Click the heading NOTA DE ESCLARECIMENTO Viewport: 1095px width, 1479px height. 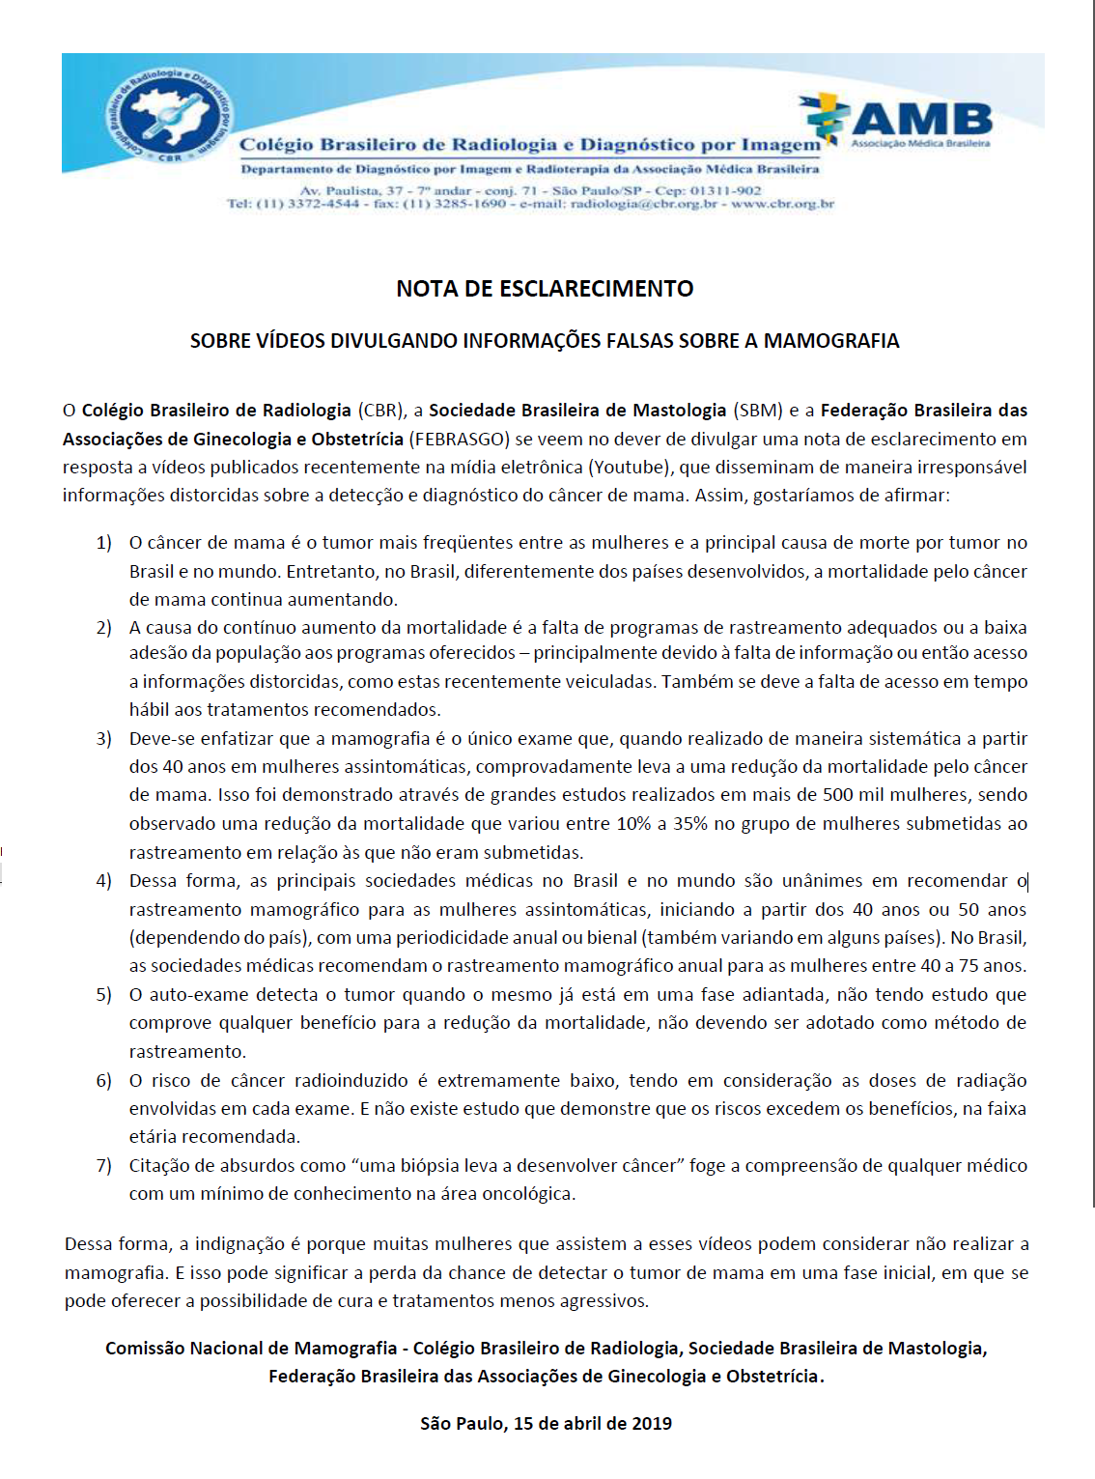545,289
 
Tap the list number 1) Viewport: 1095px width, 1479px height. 104,543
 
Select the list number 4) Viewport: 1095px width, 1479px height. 104,881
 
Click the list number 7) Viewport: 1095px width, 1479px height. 104,1166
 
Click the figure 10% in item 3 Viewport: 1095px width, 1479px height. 634,824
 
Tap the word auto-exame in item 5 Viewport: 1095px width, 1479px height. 198,995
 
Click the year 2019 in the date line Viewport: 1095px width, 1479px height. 650,1423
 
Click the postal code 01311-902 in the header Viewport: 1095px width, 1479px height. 725,190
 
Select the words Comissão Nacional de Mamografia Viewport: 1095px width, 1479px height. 251,1349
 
